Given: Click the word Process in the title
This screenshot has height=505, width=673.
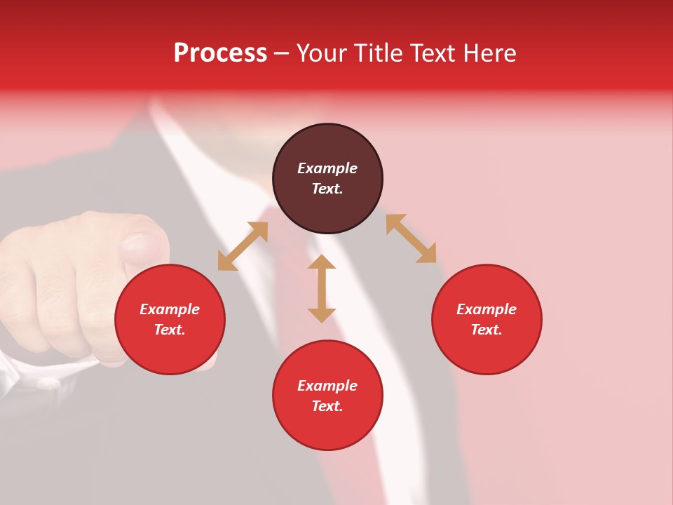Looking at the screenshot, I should [220, 53].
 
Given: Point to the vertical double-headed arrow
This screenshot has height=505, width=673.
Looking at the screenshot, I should [322, 288].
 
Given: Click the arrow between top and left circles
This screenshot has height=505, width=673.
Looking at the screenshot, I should [243, 246].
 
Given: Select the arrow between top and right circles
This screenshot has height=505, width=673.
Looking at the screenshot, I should [411, 238].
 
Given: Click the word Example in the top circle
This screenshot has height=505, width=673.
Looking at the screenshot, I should [327, 168].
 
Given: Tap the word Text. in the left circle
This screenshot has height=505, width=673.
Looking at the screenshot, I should [170, 330].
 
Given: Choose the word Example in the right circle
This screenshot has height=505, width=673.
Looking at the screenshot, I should [487, 309].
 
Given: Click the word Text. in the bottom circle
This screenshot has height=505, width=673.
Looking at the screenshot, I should [327, 406].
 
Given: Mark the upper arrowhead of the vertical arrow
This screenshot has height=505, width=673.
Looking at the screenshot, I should [322, 262].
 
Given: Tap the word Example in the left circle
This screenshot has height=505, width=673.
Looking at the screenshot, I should [170, 309].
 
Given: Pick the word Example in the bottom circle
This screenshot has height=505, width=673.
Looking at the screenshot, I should [327, 386].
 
